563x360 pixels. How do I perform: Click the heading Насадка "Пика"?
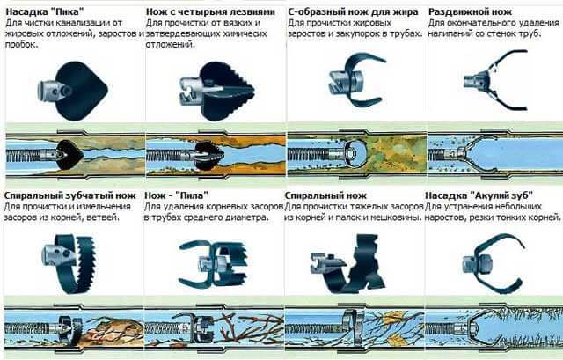pyautogui.click(x=45, y=11)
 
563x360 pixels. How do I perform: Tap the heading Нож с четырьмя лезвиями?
pyautogui.click(x=210, y=11)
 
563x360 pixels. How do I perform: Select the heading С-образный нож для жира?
pyautogui.click(x=353, y=12)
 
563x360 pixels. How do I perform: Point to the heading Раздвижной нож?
pyautogui.click(x=470, y=12)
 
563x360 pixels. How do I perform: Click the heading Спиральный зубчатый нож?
pyautogui.click(x=70, y=195)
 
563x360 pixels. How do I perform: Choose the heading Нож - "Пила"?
pyautogui.click(x=176, y=195)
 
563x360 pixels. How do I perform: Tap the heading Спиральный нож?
pyautogui.click(x=325, y=195)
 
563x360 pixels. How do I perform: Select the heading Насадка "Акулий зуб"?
pyautogui.click(x=479, y=195)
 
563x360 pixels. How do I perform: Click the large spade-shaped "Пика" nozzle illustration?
pyautogui.click(x=73, y=90)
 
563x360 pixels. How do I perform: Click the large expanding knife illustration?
pyautogui.click(x=495, y=80)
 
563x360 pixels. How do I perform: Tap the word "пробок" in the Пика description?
pyautogui.click(x=21, y=45)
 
